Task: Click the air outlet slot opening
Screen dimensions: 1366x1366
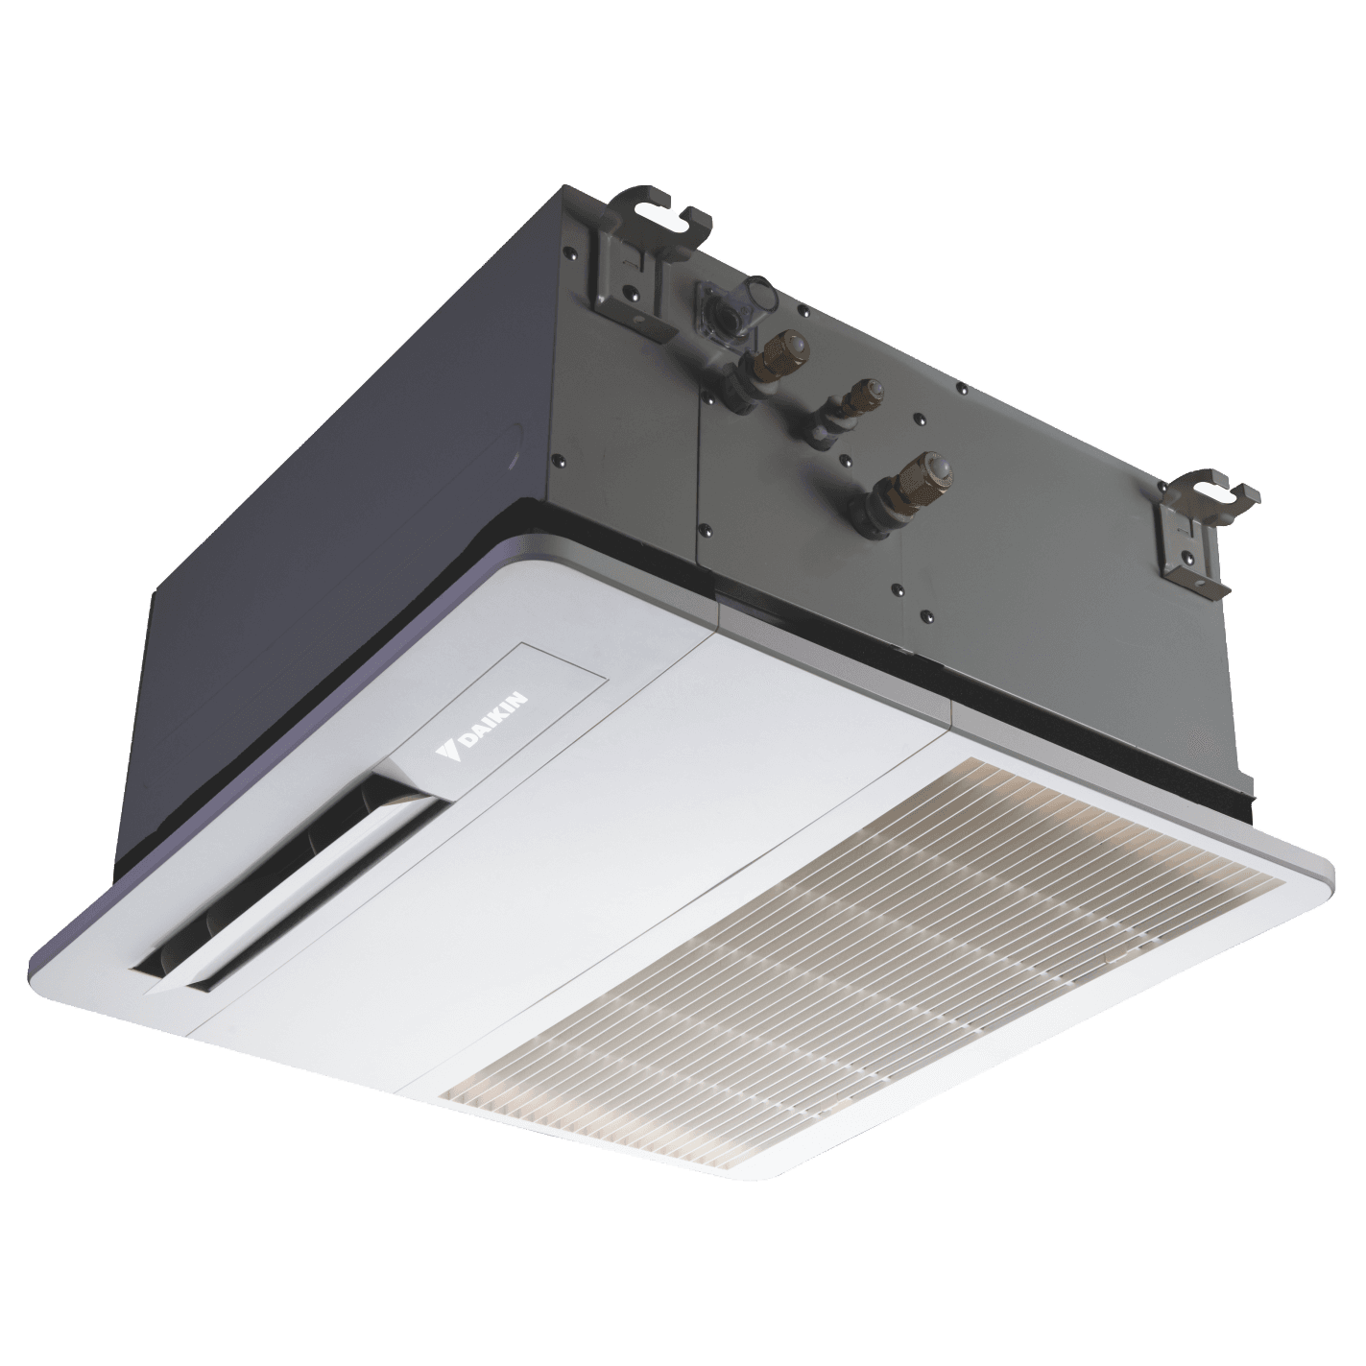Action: pyautogui.click(x=283, y=879)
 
